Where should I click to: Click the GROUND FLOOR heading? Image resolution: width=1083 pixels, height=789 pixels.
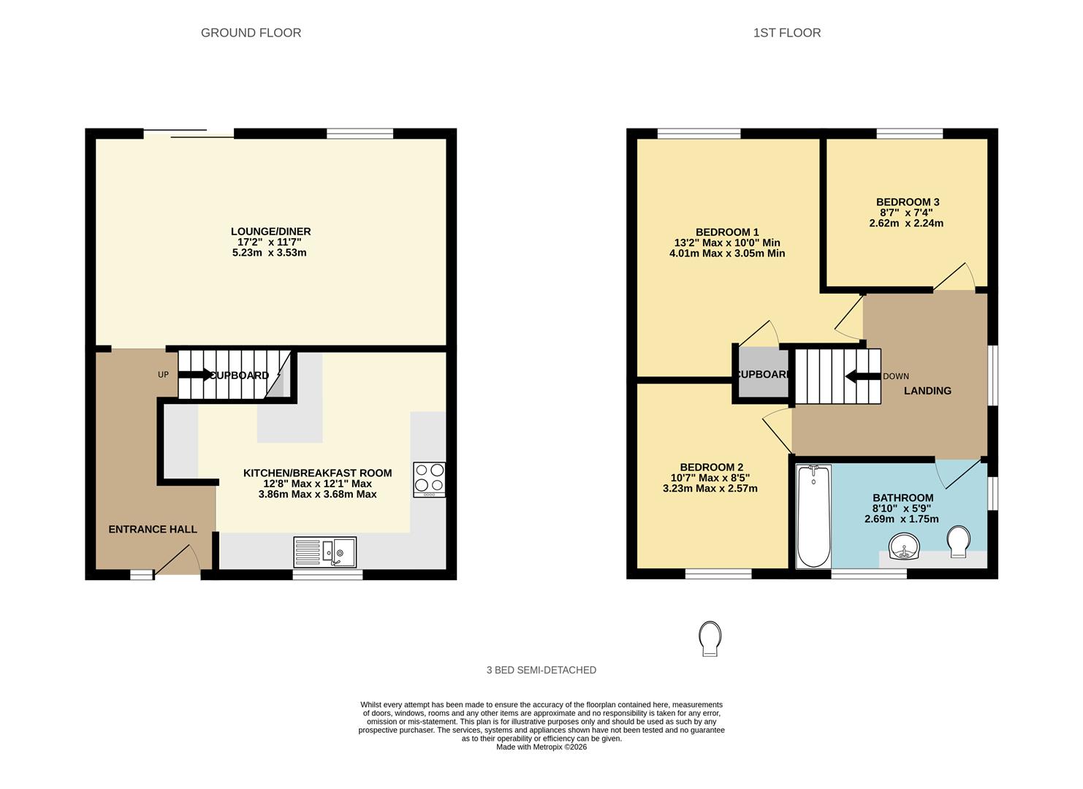tap(251, 33)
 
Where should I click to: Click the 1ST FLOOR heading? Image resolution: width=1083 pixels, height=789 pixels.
tap(786, 33)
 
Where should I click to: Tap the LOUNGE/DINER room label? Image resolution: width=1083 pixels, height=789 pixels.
tap(270, 232)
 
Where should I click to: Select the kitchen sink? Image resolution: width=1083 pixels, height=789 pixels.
tap(325, 552)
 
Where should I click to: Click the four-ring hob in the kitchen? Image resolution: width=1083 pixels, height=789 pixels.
tap(429, 479)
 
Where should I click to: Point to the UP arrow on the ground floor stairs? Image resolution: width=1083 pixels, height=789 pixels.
tap(194, 375)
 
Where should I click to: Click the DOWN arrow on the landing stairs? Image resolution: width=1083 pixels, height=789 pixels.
tap(862, 376)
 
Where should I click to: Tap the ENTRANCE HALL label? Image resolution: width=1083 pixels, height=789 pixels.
tap(153, 529)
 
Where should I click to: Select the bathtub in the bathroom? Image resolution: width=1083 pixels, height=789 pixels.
tap(813, 517)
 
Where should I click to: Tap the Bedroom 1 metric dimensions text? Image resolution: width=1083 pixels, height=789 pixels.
tap(726, 254)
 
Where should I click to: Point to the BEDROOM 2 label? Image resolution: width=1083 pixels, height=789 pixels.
tap(711, 468)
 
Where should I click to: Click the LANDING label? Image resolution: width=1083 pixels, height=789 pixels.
tap(927, 391)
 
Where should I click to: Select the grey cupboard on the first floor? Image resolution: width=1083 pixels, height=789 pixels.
tap(762, 375)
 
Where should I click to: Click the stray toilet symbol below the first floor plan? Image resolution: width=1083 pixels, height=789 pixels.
tap(710, 639)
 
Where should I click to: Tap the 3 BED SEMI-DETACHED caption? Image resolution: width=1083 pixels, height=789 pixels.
tap(541, 670)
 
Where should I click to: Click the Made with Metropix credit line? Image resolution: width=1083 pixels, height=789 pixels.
tap(541, 747)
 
